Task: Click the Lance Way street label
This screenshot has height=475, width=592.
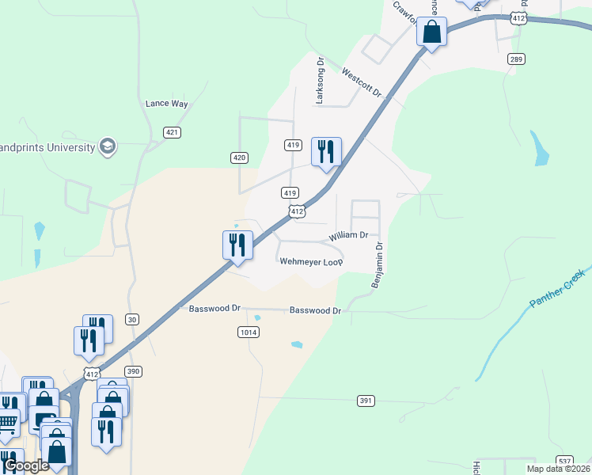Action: [167, 104]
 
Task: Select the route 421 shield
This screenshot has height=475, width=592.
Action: [172, 132]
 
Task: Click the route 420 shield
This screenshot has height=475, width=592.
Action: [240, 158]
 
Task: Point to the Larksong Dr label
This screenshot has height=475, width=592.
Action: [321, 80]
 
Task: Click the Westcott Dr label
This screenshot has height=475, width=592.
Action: [362, 82]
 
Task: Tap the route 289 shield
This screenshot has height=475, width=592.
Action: [517, 59]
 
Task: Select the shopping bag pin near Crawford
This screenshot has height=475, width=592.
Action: [431, 33]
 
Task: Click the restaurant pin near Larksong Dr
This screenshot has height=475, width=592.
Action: [326, 152]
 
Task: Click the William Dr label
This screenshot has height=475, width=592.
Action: [349, 235]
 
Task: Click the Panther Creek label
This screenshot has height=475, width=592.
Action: [557, 288]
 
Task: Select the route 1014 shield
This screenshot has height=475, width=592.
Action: [248, 332]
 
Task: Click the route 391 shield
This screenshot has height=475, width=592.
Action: [365, 401]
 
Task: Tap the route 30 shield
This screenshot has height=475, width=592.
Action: [132, 320]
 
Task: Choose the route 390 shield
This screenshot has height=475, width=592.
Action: [133, 371]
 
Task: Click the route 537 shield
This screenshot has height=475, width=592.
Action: [564, 461]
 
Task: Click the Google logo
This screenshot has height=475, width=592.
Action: [25, 465]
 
